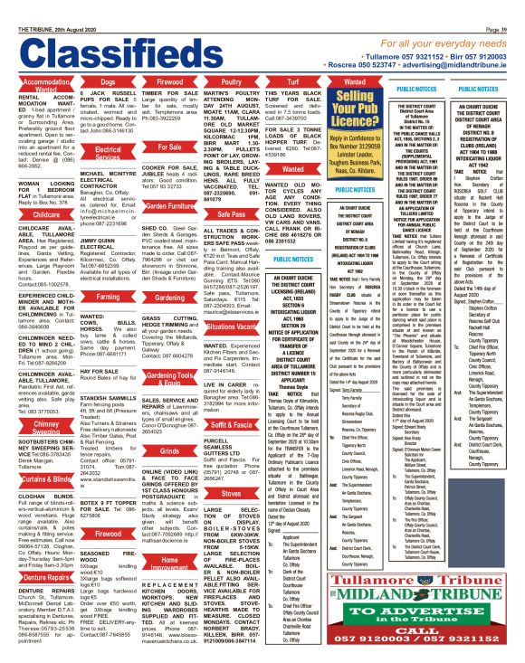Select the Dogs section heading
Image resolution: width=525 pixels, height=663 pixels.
(108, 81)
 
